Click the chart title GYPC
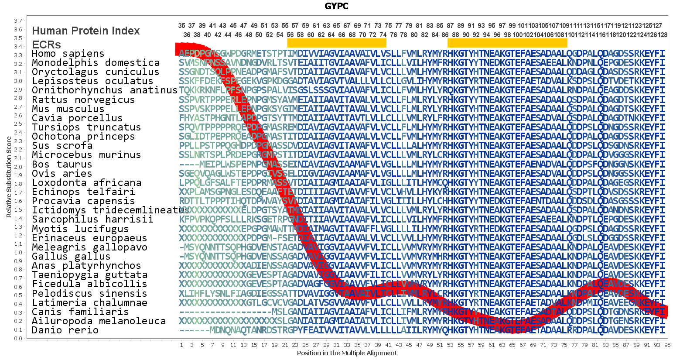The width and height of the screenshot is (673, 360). tap(336, 6)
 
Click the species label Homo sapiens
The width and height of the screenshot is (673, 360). tap(68, 54)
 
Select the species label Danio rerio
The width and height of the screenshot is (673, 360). tap(65, 330)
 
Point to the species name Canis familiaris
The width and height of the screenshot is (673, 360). tap(80, 312)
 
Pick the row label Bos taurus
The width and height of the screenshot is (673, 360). tap(62, 165)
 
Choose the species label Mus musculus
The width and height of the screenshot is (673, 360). tap(68, 109)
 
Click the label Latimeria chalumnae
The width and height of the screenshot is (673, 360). tap(89, 303)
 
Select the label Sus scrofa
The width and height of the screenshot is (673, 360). tap(62, 146)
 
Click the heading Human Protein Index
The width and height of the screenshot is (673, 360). tap(86, 31)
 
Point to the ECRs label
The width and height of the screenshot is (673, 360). tap(46, 45)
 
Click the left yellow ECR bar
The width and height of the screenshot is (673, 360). tap(337, 43)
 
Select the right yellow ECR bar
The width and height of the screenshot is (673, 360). tap(507, 43)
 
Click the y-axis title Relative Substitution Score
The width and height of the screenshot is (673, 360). tap(9, 177)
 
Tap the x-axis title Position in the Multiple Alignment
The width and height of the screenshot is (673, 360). tap(347, 353)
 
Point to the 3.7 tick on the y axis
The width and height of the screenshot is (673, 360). tap(18, 21)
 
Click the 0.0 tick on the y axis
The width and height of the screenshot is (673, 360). tap(18, 339)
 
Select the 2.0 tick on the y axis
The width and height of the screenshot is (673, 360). tap(18, 167)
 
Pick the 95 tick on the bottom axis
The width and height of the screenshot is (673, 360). tap(667, 345)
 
